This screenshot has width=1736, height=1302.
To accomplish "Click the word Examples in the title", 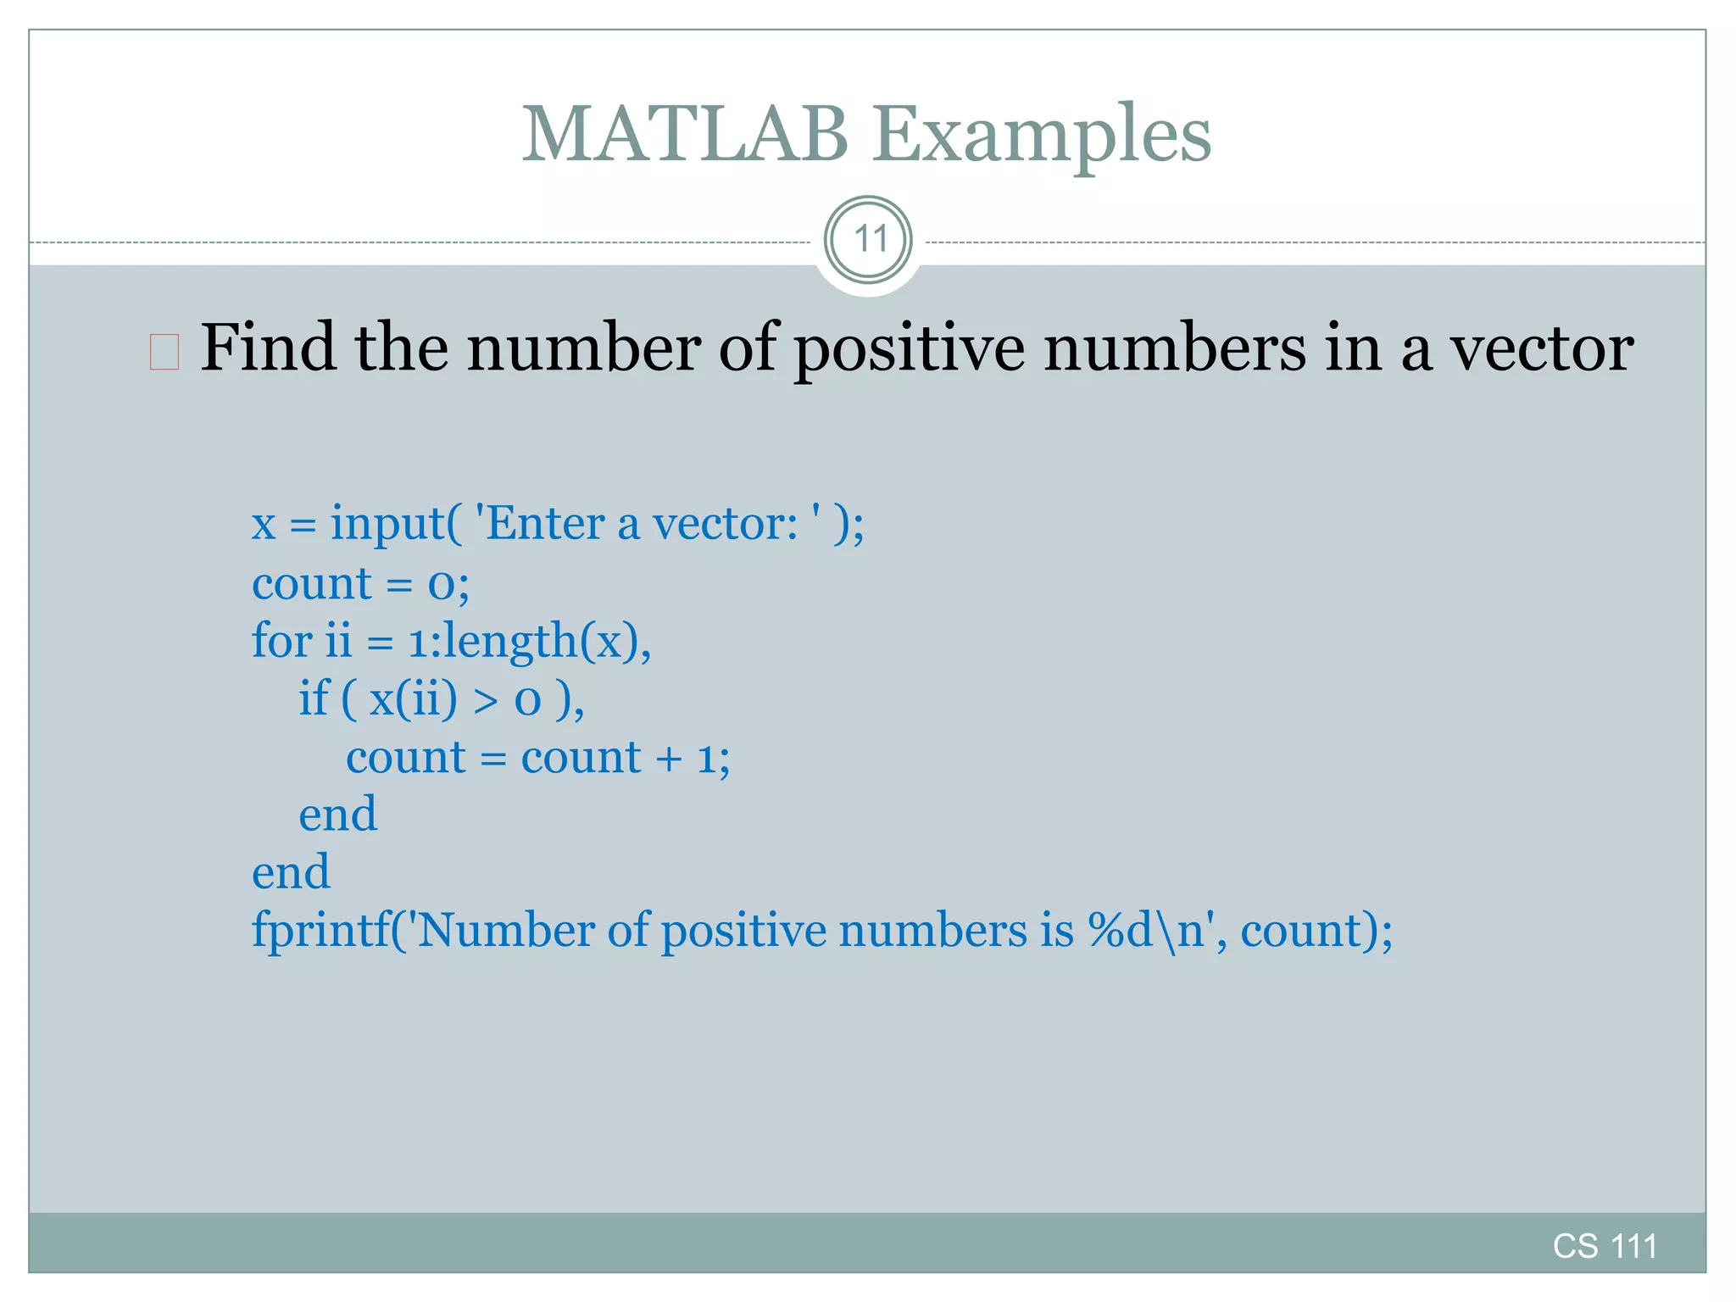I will coord(1042,136).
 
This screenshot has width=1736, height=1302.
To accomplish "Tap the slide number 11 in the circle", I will coord(869,240).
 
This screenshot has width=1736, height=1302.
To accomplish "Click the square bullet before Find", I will coord(164,352).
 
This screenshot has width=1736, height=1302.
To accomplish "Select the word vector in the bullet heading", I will coord(1542,348).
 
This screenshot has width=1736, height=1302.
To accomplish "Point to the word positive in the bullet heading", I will coord(908,348).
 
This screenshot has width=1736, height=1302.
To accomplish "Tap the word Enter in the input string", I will coord(546,523).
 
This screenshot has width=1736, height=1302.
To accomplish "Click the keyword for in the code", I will coord(282,640).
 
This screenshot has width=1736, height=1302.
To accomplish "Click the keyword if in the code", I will coord(313,698).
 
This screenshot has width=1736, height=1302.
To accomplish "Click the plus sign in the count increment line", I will coord(668,758).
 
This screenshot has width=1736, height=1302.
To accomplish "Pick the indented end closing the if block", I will coord(337,815).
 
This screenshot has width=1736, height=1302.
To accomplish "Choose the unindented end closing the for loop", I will coord(291,873).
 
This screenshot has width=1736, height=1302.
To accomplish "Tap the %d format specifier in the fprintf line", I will coord(1121,930).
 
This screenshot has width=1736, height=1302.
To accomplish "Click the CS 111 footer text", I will coord(1604,1246).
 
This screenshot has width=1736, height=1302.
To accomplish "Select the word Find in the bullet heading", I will coord(267,348).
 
